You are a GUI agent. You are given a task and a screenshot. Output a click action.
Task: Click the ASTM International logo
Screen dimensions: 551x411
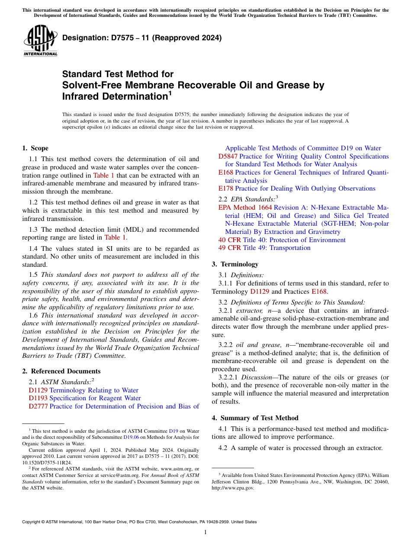click(40, 40)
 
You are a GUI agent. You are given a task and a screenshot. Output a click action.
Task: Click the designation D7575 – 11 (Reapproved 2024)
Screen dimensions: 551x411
click(142, 38)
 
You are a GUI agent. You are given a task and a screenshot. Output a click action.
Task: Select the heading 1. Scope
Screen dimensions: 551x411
click(35, 148)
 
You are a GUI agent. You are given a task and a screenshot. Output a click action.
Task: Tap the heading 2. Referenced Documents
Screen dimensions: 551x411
click(61, 371)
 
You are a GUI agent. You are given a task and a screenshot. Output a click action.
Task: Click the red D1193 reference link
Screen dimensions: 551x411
click(38, 398)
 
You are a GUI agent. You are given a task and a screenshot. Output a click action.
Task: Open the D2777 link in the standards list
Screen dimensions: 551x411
click(38, 406)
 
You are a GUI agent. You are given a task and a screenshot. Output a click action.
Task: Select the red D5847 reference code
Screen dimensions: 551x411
click(228, 156)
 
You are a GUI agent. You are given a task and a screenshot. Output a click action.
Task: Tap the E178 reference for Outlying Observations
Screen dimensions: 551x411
click(225, 188)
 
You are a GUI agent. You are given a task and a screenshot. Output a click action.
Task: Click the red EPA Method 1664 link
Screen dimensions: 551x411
click(245, 207)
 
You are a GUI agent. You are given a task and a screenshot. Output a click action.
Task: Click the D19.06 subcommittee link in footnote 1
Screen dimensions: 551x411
click(129, 437)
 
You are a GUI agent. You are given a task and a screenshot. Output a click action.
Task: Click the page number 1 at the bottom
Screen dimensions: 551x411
click(205, 532)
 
